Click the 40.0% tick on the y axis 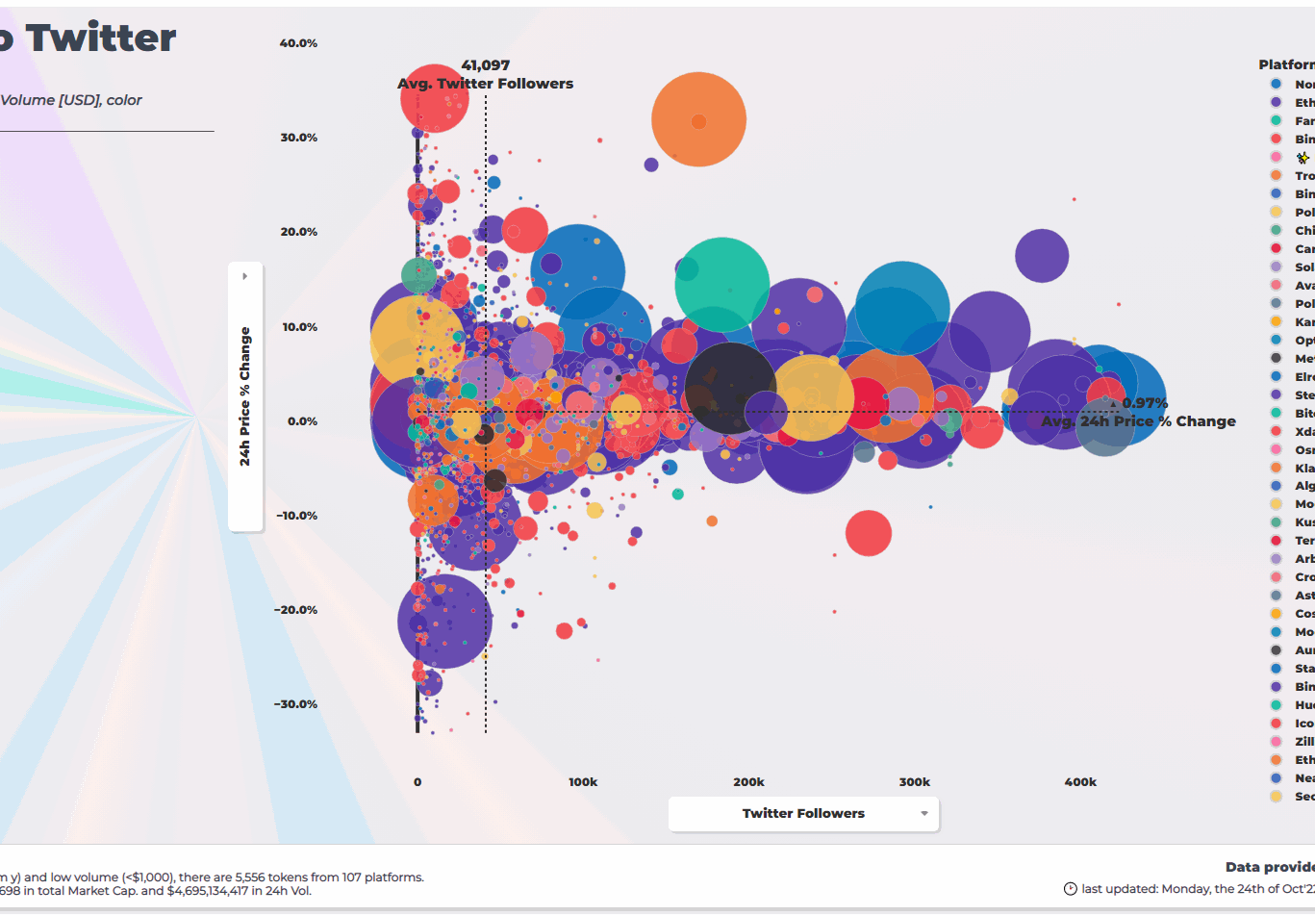[298, 43]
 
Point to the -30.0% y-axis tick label [296, 704]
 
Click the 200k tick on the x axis [748, 782]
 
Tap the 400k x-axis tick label [1079, 782]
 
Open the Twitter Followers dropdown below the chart [803, 814]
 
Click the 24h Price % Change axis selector [245, 396]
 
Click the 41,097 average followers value [485, 65]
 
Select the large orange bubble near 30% [699, 120]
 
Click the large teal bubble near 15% [722, 285]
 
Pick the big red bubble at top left [435, 97]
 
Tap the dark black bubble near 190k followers [730, 388]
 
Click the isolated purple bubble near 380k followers [1042, 256]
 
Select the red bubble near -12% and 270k [869, 533]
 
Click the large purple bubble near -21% [444, 622]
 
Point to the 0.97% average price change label [1144, 403]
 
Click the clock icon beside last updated [1070, 889]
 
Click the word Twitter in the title [101, 38]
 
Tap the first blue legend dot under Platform [1276, 84]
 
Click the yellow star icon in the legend [1302, 157]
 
